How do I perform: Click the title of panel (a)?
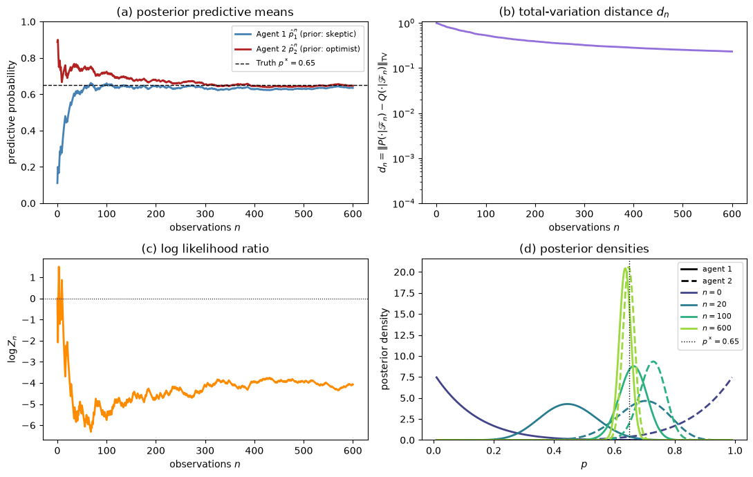(x=205, y=12)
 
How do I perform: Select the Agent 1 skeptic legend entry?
(x=295, y=34)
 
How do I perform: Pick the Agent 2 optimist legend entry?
(x=297, y=48)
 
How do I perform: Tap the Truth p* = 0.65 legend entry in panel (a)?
(x=275, y=63)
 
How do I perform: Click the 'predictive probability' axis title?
(x=12, y=113)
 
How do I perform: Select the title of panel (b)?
(x=584, y=12)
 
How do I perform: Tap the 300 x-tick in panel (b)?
(x=584, y=214)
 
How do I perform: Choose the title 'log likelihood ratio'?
(x=205, y=249)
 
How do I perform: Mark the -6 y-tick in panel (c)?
(x=30, y=426)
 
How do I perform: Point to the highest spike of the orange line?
(x=59, y=267)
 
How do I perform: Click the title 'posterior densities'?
(x=584, y=249)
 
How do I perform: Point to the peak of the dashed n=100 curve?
(x=653, y=362)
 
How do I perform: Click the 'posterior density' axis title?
(x=384, y=349)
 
